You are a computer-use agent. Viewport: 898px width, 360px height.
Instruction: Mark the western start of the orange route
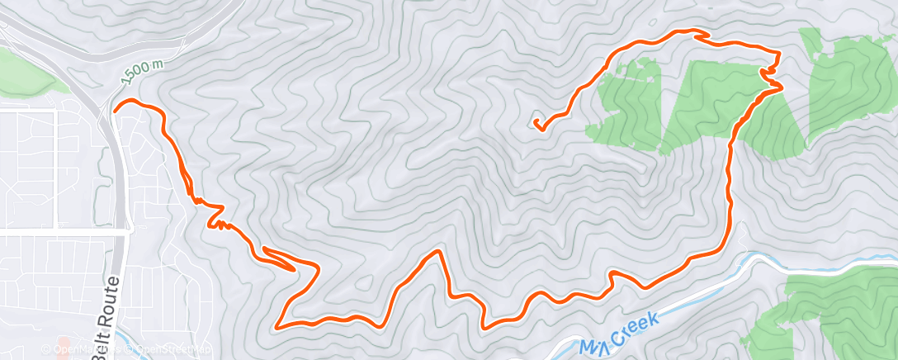tap(115, 107)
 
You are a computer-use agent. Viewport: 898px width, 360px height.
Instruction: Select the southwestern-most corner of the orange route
tap(276, 325)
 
